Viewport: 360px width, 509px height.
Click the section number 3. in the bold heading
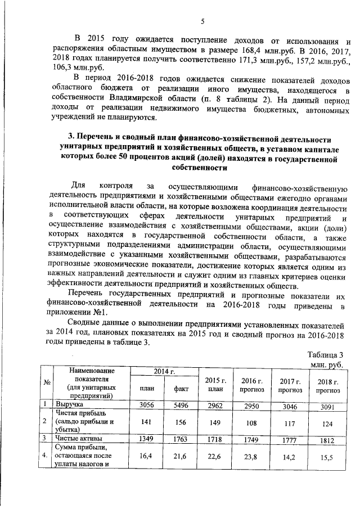point(71,138)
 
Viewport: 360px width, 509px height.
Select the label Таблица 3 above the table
point(327,354)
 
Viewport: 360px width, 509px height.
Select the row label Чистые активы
point(77,437)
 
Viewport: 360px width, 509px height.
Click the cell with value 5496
point(172,404)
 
